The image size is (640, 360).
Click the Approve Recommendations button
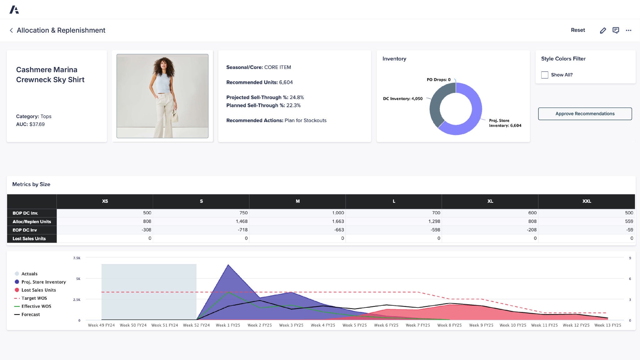coord(585,114)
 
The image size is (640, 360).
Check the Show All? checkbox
coord(545,75)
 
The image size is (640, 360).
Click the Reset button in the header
coord(578,30)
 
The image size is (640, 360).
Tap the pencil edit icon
coord(603,30)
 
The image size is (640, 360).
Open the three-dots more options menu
coord(628,30)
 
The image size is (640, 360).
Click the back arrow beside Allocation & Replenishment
coord(11,30)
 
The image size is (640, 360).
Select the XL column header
coord(490,201)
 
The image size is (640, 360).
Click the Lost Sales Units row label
coord(29,238)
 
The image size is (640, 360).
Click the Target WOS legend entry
coord(34,298)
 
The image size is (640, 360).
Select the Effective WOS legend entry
coord(36,306)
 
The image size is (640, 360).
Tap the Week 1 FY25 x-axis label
coord(228,325)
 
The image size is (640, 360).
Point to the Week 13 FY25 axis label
coord(607,325)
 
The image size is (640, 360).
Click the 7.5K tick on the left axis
coord(77,258)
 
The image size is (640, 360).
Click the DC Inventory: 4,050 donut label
coord(403,99)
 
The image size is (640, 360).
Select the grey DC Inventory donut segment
coord(435,106)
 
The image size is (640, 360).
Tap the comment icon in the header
coord(616,30)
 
